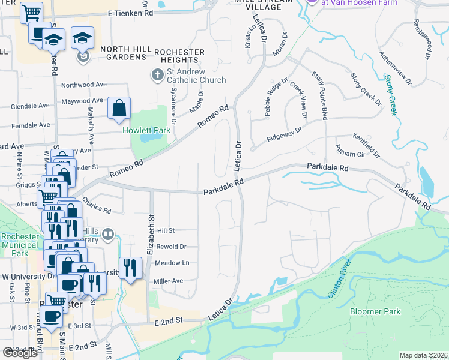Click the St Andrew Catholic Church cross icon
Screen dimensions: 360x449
coord(157,75)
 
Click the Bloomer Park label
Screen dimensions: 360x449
coord(375,311)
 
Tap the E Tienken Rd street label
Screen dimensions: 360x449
coord(130,13)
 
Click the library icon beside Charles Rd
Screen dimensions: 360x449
coord(108,234)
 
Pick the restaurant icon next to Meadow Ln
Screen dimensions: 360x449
coord(130,267)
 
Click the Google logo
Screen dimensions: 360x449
coord(20,352)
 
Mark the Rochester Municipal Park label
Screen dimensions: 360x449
coord(20,245)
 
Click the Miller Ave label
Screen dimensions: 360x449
coord(169,281)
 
